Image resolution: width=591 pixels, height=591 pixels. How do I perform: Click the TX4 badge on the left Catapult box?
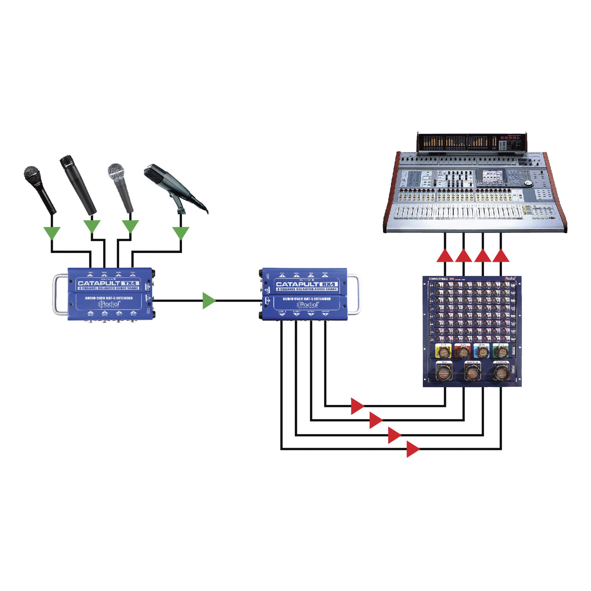point(131,283)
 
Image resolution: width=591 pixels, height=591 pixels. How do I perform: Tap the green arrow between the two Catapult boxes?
point(209,301)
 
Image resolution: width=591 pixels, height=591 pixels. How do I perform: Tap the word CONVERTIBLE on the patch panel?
point(438,279)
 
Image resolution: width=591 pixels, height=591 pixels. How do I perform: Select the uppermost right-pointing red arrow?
point(357,406)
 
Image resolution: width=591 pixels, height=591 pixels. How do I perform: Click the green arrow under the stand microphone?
point(181,233)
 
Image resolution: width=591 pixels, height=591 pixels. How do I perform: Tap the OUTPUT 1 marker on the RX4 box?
point(282,313)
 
